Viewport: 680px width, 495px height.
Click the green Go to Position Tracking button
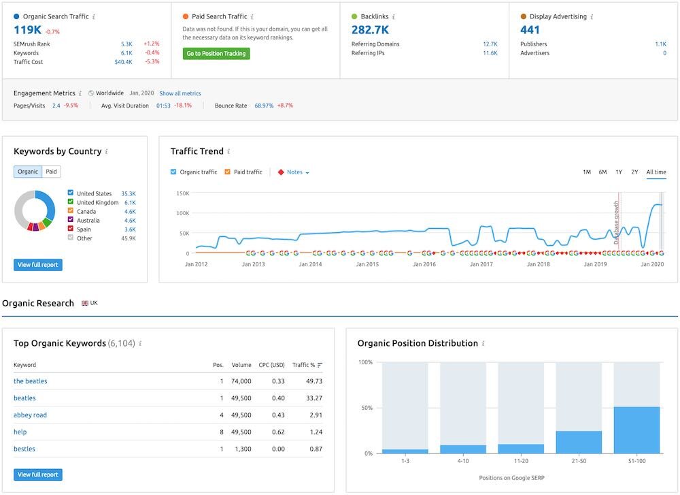216,54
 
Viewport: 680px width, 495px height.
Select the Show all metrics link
180,93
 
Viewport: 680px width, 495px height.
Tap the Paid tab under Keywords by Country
52,172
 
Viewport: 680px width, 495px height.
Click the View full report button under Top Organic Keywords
38,475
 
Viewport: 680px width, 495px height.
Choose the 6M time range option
602,172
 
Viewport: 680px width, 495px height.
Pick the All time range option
656,172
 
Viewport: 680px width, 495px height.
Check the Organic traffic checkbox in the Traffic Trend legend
173,172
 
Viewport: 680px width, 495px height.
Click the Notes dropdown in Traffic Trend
294,172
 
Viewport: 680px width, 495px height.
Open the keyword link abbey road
30,415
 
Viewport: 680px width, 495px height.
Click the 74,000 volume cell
241,381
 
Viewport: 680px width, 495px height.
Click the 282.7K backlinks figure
370,29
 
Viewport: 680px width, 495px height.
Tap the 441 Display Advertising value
530,29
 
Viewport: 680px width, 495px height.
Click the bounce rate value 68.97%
264,106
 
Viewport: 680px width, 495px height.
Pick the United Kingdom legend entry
97,203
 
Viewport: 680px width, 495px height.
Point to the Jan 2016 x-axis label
424,264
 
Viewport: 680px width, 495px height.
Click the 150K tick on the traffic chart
182,193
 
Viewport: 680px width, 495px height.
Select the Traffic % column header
303,365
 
